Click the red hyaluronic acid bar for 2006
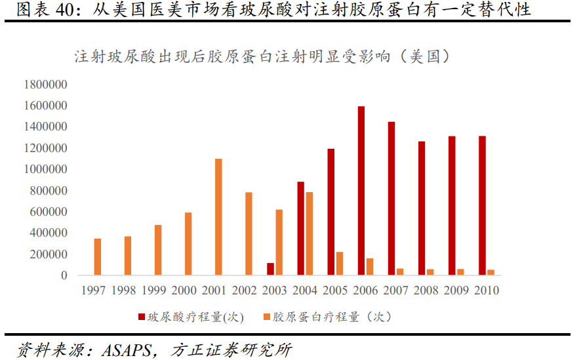coord(361,190)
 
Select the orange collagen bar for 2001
coord(218,216)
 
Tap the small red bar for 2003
coord(270,269)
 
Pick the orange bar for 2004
coord(309,233)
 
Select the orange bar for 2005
coord(339,264)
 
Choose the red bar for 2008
coord(422,208)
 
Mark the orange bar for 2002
coord(249,233)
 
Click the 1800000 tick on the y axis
coord(45,85)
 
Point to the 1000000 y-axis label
coord(45,169)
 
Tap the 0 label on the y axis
coord(64,275)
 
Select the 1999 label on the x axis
coord(155,290)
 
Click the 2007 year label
coord(396,290)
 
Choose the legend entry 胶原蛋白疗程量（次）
coord(325,317)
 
